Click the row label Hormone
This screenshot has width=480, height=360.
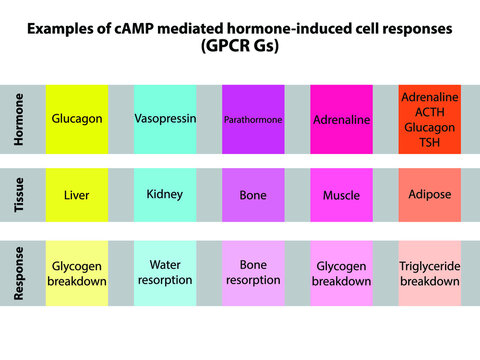click(x=19, y=119)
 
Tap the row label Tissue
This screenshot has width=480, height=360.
click(x=19, y=195)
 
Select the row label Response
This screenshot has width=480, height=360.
click(x=19, y=273)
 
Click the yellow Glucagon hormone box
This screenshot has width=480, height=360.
click(x=77, y=119)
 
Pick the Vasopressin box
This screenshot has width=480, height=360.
click(x=164, y=119)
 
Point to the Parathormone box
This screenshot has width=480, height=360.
click(x=253, y=119)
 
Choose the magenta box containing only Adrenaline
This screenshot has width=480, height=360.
click(x=341, y=119)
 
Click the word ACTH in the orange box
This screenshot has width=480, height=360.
click(x=430, y=112)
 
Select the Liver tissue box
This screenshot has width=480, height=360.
click(x=77, y=195)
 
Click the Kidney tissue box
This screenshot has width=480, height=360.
click(x=164, y=195)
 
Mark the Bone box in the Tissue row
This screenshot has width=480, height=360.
click(x=253, y=195)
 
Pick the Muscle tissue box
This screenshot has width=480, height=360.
click(x=341, y=195)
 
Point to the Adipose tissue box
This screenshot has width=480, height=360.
click(x=430, y=194)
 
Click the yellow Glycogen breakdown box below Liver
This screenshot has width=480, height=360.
click(x=77, y=273)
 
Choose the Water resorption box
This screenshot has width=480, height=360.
click(x=164, y=273)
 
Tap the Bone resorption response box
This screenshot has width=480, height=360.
click(x=253, y=273)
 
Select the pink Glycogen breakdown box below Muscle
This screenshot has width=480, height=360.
click(x=341, y=273)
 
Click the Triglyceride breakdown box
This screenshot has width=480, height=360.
click(x=430, y=273)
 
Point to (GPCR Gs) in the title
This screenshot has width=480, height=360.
click(x=239, y=46)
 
